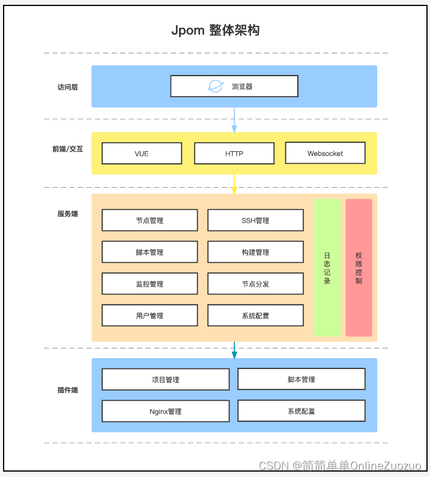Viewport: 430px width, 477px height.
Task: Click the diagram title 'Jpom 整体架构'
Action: pos(215,31)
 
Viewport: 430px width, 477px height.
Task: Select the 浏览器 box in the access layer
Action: pos(234,86)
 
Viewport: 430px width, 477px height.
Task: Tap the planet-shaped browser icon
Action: pos(215,86)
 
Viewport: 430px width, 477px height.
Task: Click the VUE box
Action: pos(142,153)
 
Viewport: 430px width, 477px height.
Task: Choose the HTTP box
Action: pos(234,153)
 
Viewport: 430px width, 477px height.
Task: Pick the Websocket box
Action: pos(325,153)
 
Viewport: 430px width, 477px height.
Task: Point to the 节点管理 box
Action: pos(150,220)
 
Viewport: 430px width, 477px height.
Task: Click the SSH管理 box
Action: pos(255,220)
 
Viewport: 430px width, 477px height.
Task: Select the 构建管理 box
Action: pos(255,252)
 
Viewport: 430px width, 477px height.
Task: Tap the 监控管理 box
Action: pos(150,284)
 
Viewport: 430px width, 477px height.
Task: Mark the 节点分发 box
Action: pos(255,284)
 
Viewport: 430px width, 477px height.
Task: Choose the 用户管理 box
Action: pos(150,316)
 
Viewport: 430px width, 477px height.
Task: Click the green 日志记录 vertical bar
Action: pos(327,268)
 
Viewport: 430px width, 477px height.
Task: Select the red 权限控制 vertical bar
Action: pos(359,268)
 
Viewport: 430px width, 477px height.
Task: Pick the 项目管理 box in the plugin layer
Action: pos(166,379)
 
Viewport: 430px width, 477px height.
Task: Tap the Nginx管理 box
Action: pos(166,412)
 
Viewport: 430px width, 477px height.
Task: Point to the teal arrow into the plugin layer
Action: pos(234,350)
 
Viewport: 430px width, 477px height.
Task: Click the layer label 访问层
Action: pos(67,87)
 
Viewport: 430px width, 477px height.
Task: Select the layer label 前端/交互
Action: pos(67,149)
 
